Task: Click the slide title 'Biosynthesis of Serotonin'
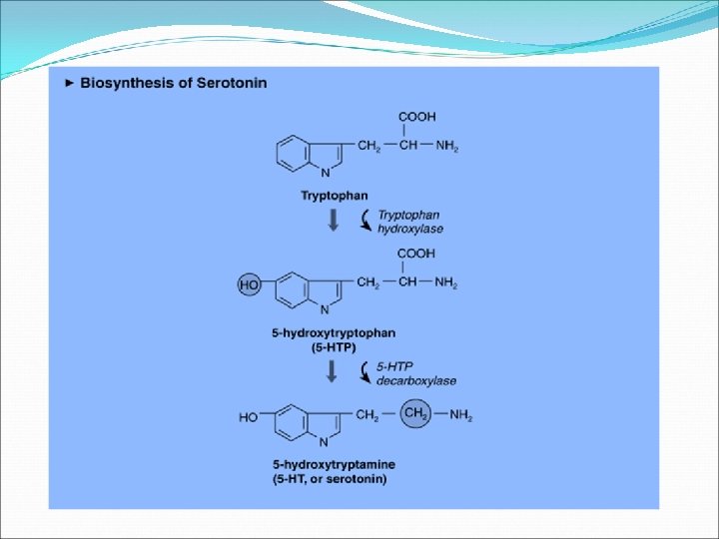click(175, 83)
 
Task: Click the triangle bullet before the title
click(69, 83)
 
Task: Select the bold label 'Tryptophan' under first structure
click(335, 195)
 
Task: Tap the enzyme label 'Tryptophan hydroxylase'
click(409, 222)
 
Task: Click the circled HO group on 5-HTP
click(250, 285)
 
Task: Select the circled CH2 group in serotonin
click(415, 414)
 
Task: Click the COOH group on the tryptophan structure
click(416, 117)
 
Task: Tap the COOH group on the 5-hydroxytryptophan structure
click(416, 254)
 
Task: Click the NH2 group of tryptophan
click(446, 147)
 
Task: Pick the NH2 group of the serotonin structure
click(459, 416)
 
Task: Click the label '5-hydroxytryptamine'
click(334, 465)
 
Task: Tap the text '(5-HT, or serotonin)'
click(330, 479)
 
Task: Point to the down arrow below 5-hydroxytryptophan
click(333, 373)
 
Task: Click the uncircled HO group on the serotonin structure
click(249, 417)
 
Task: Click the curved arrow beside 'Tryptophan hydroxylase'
click(365, 220)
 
